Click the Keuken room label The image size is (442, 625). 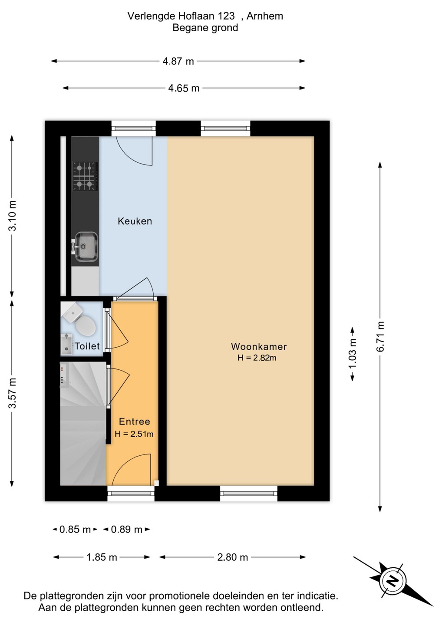point(135,221)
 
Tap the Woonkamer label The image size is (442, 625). point(259,346)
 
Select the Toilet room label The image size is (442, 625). point(87,346)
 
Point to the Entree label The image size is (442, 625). point(135,421)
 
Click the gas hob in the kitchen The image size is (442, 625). point(85,176)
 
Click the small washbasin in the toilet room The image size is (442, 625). point(67,344)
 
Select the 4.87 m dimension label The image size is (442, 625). point(178,61)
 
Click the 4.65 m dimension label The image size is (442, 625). point(184,88)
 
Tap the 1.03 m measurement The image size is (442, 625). point(353,353)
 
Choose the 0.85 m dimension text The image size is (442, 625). point(75,530)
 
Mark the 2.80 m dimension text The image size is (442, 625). point(232,557)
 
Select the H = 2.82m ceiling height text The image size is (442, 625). point(257,358)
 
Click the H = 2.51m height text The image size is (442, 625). point(134,434)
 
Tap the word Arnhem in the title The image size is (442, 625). point(264,16)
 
